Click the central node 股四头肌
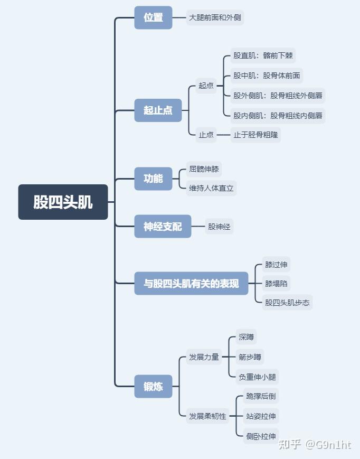click(x=63, y=202)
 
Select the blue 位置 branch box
click(x=153, y=17)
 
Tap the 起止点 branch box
click(x=158, y=110)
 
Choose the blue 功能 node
click(x=153, y=179)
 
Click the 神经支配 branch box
click(x=163, y=227)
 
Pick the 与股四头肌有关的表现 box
click(x=191, y=284)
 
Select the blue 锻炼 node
click(x=153, y=387)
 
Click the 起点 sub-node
click(x=206, y=86)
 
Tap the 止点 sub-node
click(x=206, y=135)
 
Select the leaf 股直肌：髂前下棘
click(x=261, y=55)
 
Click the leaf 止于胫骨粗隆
click(x=255, y=135)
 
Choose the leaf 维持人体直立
click(x=211, y=188)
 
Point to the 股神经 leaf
click(x=219, y=227)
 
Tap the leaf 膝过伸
click(x=277, y=265)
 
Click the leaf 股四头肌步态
click(x=287, y=303)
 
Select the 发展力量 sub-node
click(x=204, y=357)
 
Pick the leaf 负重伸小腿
click(x=257, y=377)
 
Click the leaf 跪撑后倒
click(x=261, y=396)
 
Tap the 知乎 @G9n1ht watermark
click(x=315, y=445)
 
